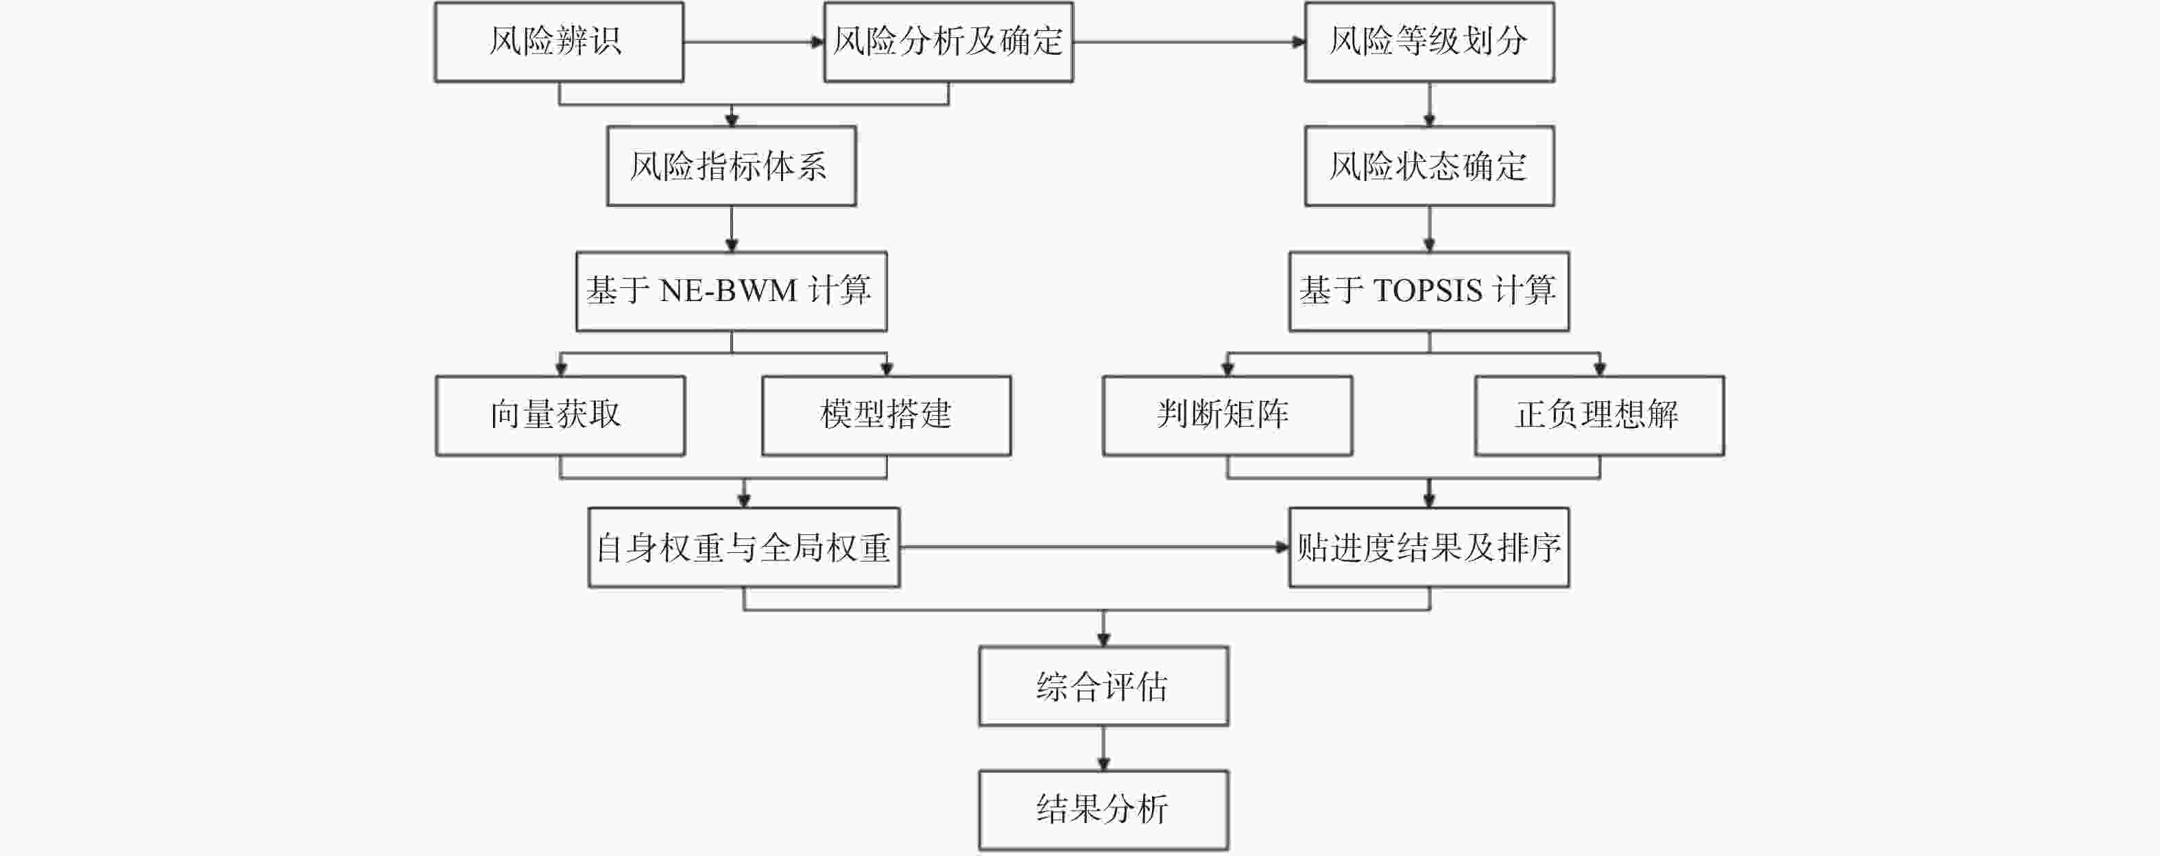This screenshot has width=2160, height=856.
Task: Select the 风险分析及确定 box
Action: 948,42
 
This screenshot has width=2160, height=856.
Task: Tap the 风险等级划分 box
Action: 1430,42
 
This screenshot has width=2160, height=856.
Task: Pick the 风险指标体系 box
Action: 731,166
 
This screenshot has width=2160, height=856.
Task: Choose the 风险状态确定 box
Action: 1430,166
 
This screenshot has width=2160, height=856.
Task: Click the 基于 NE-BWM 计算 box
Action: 731,291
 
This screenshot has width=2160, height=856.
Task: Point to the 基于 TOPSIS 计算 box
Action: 1430,291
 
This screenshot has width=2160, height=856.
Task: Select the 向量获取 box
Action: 560,416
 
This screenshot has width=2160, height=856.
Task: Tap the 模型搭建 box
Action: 887,416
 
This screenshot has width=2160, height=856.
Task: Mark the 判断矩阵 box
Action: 1227,416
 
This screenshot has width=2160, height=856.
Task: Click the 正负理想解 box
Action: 1600,416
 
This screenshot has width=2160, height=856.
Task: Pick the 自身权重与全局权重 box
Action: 744,547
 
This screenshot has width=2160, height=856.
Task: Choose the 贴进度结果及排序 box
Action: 1430,547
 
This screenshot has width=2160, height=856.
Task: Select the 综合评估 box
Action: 1103,686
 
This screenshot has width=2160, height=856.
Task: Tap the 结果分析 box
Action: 1103,810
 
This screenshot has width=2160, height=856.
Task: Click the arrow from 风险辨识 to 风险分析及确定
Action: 754,42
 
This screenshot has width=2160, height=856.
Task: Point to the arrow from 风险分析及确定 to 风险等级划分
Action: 1190,42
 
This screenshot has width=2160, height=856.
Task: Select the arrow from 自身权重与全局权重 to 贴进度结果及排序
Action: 1095,547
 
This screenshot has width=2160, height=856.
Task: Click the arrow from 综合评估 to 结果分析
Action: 1103,748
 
